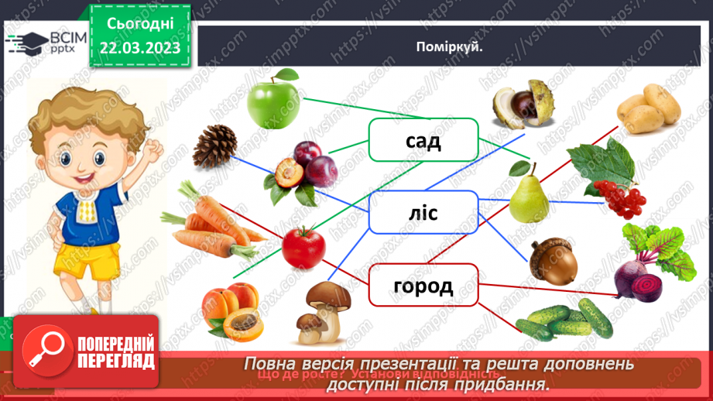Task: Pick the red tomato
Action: [303, 245]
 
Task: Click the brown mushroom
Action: [323, 311]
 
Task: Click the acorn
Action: [553, 261]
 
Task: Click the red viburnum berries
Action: [619, 198]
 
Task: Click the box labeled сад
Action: [423, 140]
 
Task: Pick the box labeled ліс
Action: [423, 212]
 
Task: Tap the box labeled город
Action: [423, 285]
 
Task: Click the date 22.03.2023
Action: [139, 48]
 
